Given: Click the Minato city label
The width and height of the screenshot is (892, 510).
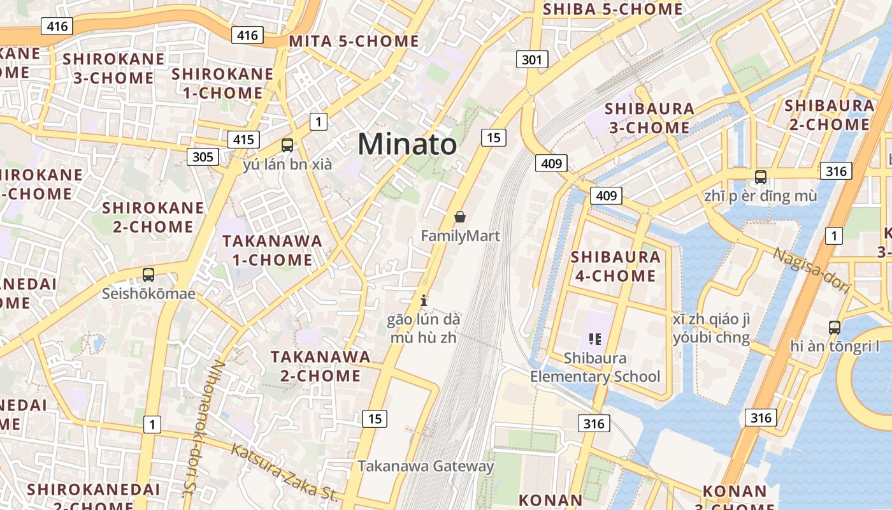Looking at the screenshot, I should [x=406, y=144].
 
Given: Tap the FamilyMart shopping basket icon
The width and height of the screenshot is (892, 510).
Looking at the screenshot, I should [x=460, y=217].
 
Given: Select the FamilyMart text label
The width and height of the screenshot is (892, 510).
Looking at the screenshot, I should [x=460, y=236].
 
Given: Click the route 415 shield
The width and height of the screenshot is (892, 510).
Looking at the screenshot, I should [x=243, y=140].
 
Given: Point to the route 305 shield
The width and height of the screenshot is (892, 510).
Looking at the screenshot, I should [x=203, y=157].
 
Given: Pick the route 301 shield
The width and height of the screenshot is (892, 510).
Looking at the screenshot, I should [x=531, y=60].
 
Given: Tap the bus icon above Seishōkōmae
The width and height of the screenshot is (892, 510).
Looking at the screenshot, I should [x=148, y=275].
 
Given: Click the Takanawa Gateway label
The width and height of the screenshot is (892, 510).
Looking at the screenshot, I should [x=426, y=466].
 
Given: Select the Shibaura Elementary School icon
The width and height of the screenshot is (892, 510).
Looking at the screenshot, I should [x=595, y=339].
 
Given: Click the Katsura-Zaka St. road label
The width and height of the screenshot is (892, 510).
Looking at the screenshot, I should [x=284, y=472].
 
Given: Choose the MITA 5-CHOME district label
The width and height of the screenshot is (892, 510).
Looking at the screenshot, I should [x=354, y=41].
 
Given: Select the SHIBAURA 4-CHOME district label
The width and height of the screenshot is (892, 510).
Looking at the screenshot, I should [x=615, y=266].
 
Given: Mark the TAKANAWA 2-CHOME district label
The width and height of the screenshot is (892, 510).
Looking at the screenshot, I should [x=320, y=366].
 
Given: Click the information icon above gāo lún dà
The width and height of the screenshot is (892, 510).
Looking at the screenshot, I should [x=423, y=300].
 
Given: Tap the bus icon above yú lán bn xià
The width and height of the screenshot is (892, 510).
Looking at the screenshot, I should [x=287, y=145].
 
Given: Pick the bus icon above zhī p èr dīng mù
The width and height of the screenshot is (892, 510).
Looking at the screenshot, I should [x=760, y=177].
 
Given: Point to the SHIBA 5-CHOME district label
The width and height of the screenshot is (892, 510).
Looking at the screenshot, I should [x=613, y=9].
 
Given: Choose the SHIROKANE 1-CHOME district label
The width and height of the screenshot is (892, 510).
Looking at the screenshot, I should [x=223, y=84].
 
